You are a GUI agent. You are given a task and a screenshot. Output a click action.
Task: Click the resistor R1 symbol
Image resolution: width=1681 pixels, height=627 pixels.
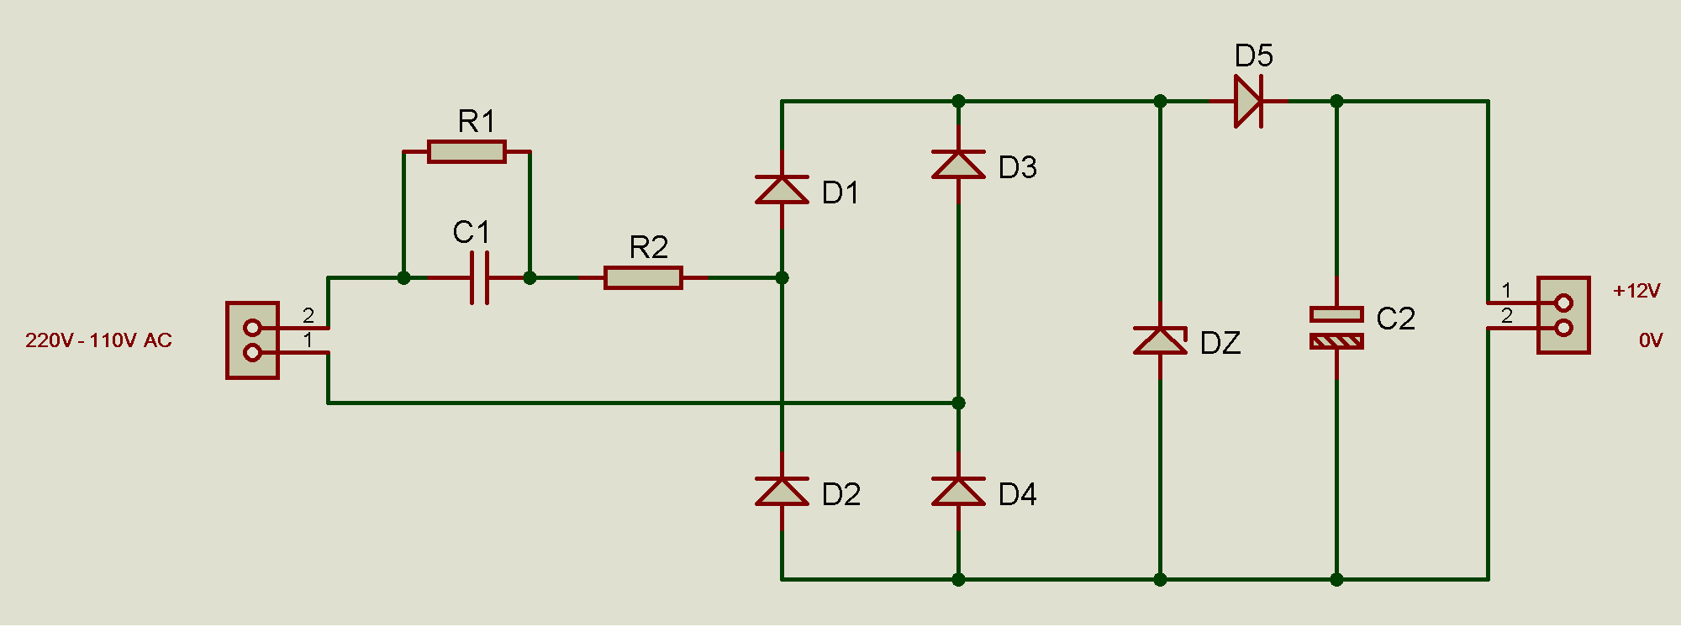466,151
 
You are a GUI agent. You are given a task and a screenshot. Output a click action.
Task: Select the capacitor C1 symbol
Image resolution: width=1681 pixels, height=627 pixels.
479,277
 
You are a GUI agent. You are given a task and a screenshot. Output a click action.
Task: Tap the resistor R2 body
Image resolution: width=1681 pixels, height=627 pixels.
643,277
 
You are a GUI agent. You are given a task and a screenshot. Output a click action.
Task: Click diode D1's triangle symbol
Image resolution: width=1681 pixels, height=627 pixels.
782,189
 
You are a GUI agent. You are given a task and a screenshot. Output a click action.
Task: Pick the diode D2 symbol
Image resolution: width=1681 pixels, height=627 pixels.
782,491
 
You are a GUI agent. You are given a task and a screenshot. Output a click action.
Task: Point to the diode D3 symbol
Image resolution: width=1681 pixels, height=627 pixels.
958,164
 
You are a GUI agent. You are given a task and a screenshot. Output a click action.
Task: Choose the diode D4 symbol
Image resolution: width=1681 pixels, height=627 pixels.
958,491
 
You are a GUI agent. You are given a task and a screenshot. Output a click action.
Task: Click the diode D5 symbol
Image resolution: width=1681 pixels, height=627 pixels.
1248,101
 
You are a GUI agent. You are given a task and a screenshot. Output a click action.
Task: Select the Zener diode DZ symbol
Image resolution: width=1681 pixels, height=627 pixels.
1160,340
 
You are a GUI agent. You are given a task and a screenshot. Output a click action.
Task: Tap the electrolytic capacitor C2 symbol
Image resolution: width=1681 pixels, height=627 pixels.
1336,328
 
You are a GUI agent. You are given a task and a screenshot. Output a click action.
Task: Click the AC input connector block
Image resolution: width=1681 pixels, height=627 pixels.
252,340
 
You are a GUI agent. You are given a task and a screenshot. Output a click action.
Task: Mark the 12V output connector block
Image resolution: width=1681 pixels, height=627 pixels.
1563,315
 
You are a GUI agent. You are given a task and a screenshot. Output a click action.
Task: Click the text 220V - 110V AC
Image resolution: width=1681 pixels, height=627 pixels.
98,340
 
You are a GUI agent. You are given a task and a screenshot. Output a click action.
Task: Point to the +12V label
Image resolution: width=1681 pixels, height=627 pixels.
1636,291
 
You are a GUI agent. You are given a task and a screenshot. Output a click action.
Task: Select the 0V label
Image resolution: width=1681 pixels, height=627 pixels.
1651,340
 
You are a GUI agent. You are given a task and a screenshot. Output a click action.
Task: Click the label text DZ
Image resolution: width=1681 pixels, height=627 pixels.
1220,343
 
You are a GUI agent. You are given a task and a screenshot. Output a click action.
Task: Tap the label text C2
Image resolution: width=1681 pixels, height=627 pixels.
1396,319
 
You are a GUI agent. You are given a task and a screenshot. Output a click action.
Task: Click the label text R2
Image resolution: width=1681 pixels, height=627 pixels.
649,247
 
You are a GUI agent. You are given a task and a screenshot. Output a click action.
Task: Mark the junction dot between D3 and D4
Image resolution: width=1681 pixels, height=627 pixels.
958,403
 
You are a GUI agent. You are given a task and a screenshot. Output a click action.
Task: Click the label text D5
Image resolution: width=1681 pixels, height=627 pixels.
1253,56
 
